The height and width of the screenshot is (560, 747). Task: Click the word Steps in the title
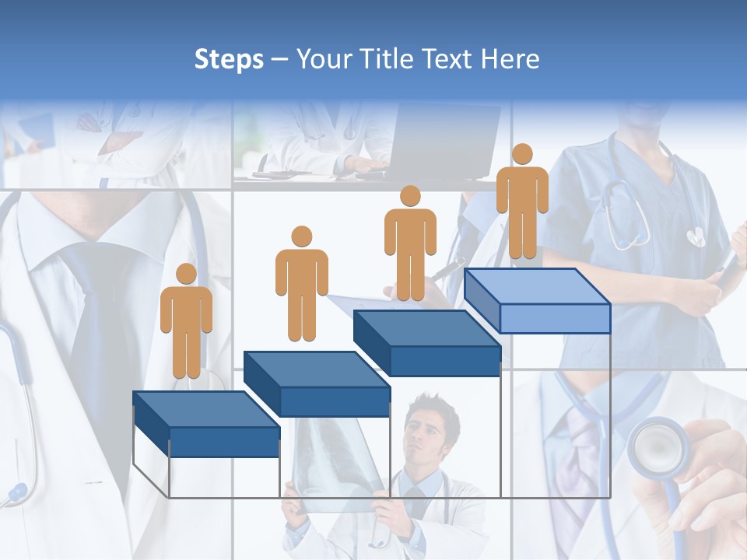(229, 59)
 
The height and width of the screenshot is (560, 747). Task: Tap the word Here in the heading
(509, 59)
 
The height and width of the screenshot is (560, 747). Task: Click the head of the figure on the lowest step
(186, 274)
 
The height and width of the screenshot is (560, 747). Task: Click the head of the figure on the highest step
(522, 154)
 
